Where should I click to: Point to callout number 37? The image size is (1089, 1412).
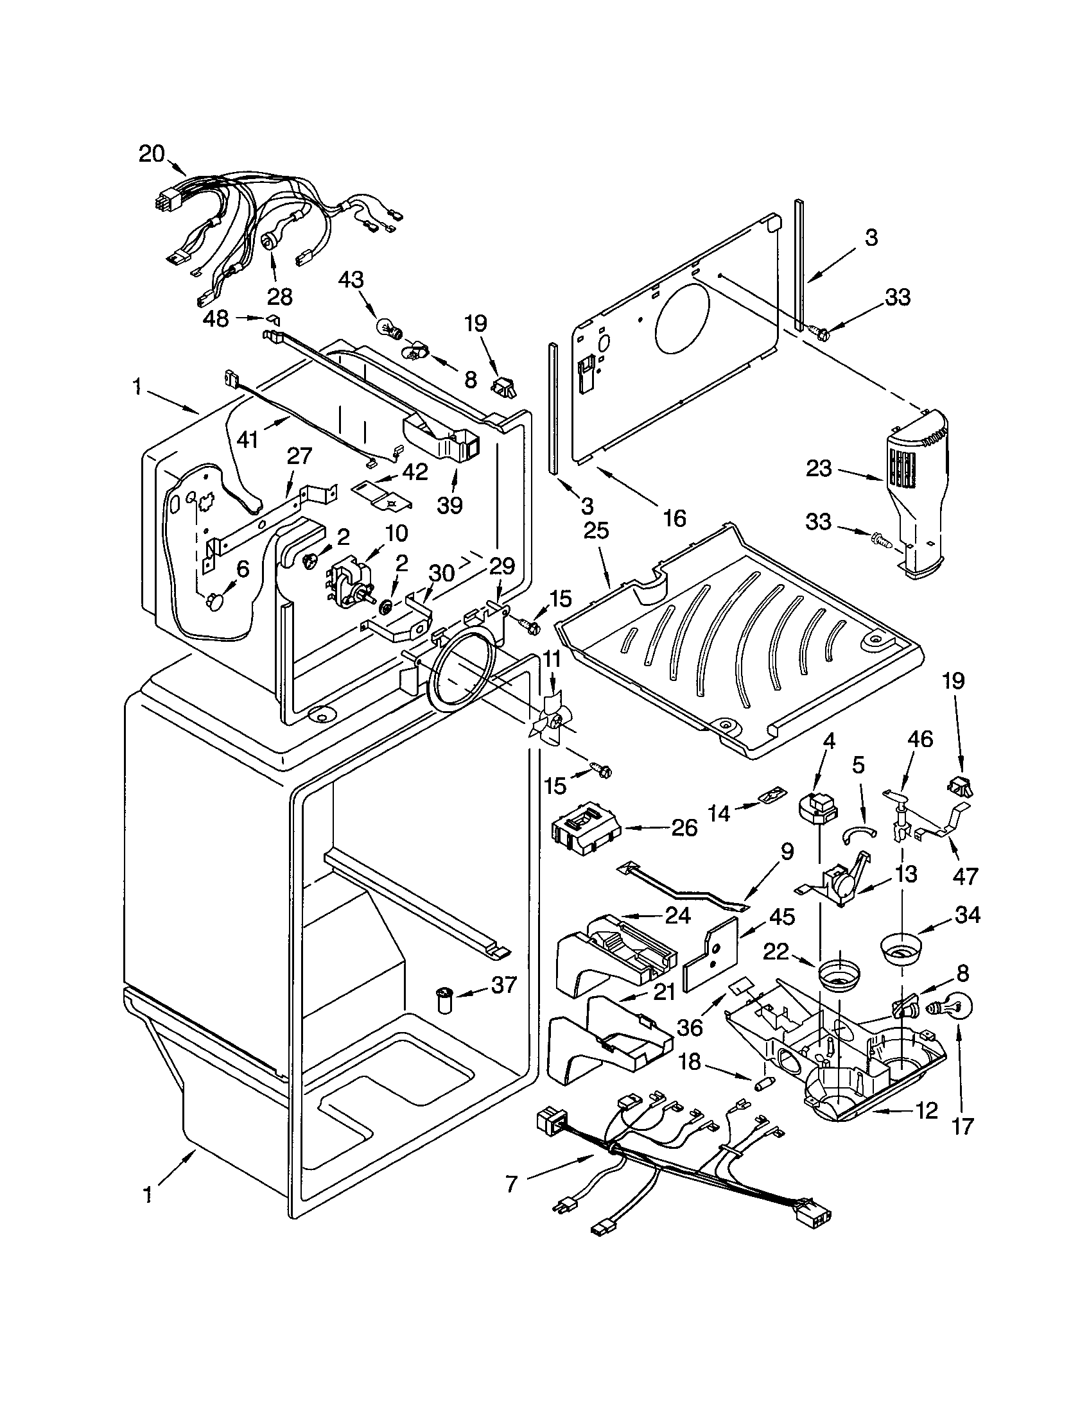[504, 985]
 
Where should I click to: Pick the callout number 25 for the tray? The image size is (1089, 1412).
[597, 531]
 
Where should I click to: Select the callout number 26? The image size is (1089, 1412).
[684, 828]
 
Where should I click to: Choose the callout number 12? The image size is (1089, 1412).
[925, 1112]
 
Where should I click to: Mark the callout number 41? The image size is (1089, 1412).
[248, 440]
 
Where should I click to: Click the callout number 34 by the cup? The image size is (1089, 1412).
[967, 915]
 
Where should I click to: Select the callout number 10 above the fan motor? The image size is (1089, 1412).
[396, 533]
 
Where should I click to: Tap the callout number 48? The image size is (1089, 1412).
[216, 320]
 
